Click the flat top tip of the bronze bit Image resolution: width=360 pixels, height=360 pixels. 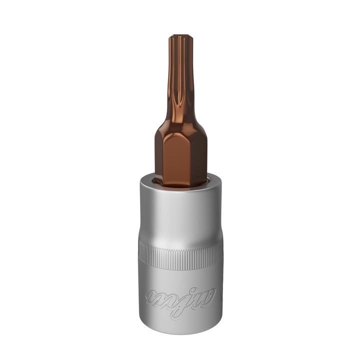pyautogui.click(x=180, y=36)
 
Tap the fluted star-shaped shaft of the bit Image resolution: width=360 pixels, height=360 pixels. pyautogui.click(x=180, y=80)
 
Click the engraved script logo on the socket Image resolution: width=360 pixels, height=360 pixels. pyautogui.click(x=180, y=298)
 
